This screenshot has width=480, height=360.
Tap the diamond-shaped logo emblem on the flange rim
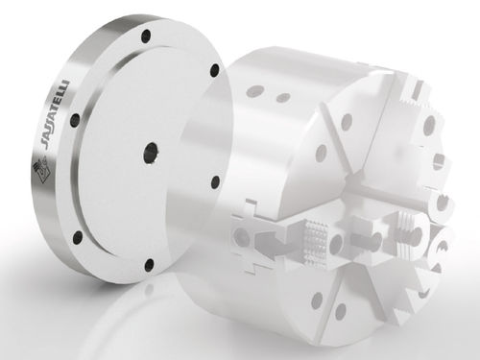click(x=40, y=171)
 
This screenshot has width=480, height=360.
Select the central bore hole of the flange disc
click(x=152, y=153)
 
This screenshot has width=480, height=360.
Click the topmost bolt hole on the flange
click(x=147, y=36)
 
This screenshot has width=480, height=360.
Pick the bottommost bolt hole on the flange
click(x=150, y=264)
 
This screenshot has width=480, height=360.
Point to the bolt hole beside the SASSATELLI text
click(x=76, y=121)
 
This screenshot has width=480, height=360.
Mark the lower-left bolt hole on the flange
click(x=78, y=237)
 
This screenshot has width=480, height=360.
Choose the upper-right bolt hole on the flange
click(x=215, y=70)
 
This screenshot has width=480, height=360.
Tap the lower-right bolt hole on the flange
click(x=216, y=182)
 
